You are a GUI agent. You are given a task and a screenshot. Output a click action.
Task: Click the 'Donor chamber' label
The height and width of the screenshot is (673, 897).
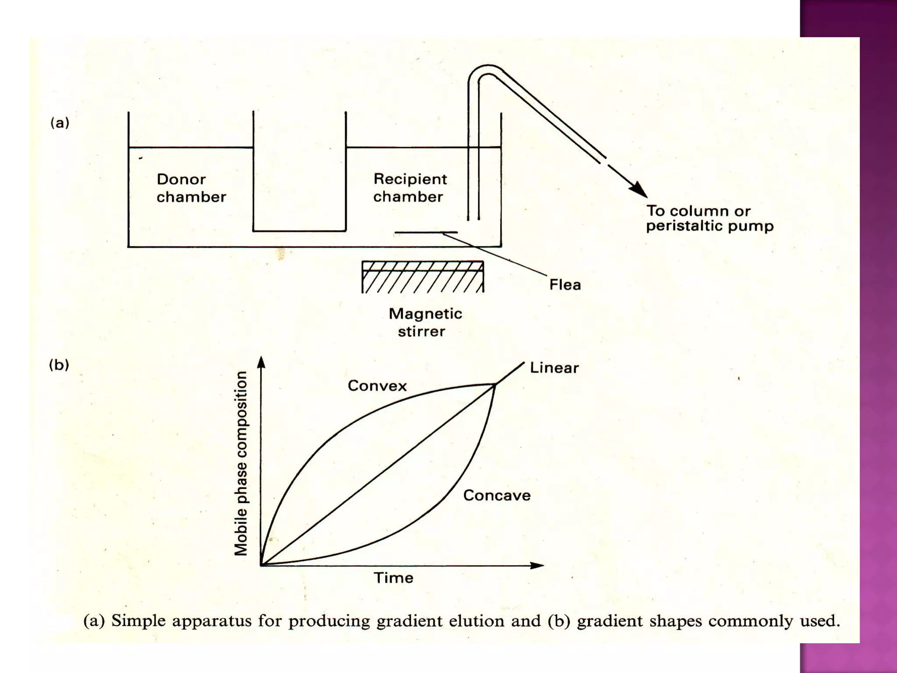click(x=191, y=188)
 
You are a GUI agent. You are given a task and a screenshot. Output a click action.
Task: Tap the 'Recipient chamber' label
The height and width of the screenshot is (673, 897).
click(x=410, y=188)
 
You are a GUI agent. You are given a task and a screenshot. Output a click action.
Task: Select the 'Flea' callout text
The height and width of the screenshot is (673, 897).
click(x=565, y=285)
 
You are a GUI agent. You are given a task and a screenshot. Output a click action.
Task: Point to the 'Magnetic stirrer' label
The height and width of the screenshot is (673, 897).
click(x=425, y=322)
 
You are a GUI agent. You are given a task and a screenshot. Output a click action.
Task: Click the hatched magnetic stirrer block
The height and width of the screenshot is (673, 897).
click(x=423, y=277)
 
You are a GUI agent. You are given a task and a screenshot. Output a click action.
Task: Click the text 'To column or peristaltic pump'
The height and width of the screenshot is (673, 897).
click(x=710, y=218)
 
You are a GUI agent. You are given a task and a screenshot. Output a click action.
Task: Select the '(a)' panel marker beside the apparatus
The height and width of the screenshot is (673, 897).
click(x=60, y=123)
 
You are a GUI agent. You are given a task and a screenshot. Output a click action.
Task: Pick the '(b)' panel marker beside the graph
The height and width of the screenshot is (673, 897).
click(x=59, y=365)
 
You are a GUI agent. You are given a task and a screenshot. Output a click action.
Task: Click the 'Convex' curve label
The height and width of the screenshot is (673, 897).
click(x=377, y=386)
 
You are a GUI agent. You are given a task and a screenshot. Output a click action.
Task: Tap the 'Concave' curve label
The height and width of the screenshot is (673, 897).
click(x=497, y=496)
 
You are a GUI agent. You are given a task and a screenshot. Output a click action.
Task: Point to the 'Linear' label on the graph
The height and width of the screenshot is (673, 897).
click(x=554, y=368)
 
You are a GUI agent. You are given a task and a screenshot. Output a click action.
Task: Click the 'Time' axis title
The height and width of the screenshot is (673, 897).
click(x=393, y=578)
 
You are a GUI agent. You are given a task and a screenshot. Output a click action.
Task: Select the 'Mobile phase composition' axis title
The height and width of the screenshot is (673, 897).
click(x=241, y=464)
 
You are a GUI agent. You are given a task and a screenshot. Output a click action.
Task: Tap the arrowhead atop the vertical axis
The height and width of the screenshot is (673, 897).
click(x=261, y=362)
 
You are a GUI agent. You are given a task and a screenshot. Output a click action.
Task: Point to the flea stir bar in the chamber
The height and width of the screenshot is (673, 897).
click(x=426, y=232)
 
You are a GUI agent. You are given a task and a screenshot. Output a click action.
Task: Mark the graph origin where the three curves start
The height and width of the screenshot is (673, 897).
click(x=261, y=565)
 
